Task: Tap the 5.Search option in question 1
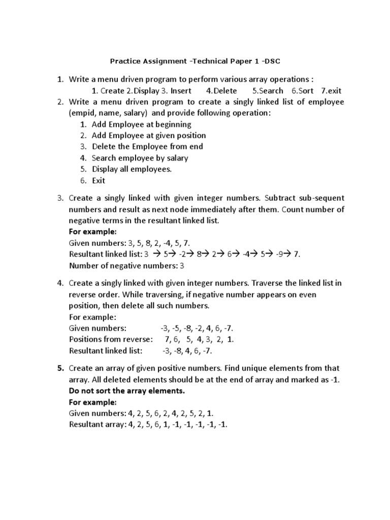coord(268,91)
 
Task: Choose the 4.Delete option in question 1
coord(221,91)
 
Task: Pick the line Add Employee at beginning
coord(141,124)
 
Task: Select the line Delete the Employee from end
coord(147,147)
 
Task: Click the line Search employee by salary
coord(140,158)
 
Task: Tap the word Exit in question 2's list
coord(99,180)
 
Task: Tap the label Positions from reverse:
coord(110,340)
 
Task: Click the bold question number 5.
coord(59,368)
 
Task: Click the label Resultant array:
coord(97,425)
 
